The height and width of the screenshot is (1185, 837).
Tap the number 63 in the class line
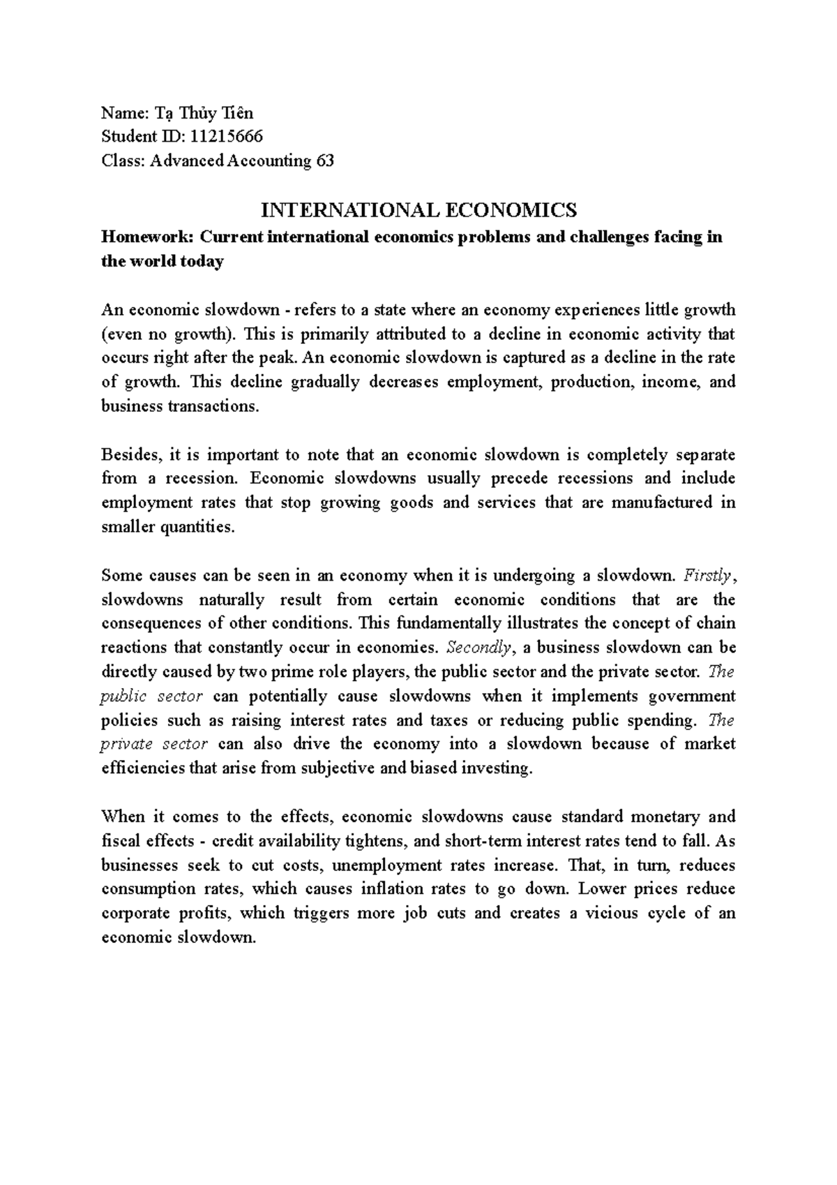coord(325,161)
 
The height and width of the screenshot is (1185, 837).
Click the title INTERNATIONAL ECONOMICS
coord(418,209)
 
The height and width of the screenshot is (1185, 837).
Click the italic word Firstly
coord(707,576)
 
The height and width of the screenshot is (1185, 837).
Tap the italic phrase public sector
coord(151,696)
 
